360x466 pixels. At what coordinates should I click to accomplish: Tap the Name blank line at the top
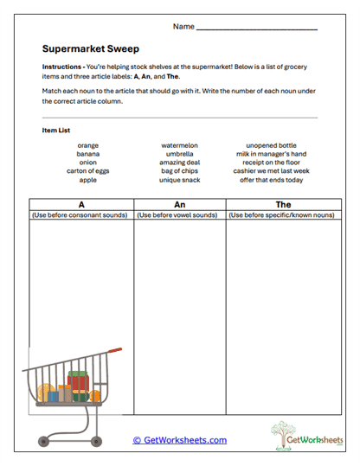pos(256,29)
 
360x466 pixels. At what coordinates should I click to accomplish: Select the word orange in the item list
pos(87,145)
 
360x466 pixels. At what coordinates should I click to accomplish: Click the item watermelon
pos(180,145)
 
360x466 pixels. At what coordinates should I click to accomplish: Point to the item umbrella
pos(180,154)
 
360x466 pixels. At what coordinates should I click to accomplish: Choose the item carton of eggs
pos(87,171)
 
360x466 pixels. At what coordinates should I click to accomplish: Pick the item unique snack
pos(180,180)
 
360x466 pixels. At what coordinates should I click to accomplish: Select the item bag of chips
pos(180,171)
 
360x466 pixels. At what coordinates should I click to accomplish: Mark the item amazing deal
pos(180,163)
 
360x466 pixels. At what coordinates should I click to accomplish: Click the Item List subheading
pos(55,131)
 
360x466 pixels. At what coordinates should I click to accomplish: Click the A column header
pos(80,205)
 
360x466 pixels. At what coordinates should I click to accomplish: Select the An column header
pos(180,205)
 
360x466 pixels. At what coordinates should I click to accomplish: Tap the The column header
pos(283,205)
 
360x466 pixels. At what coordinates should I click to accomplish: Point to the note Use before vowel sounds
pos(180,214)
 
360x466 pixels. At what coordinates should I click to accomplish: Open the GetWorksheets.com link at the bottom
pos(180,440)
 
